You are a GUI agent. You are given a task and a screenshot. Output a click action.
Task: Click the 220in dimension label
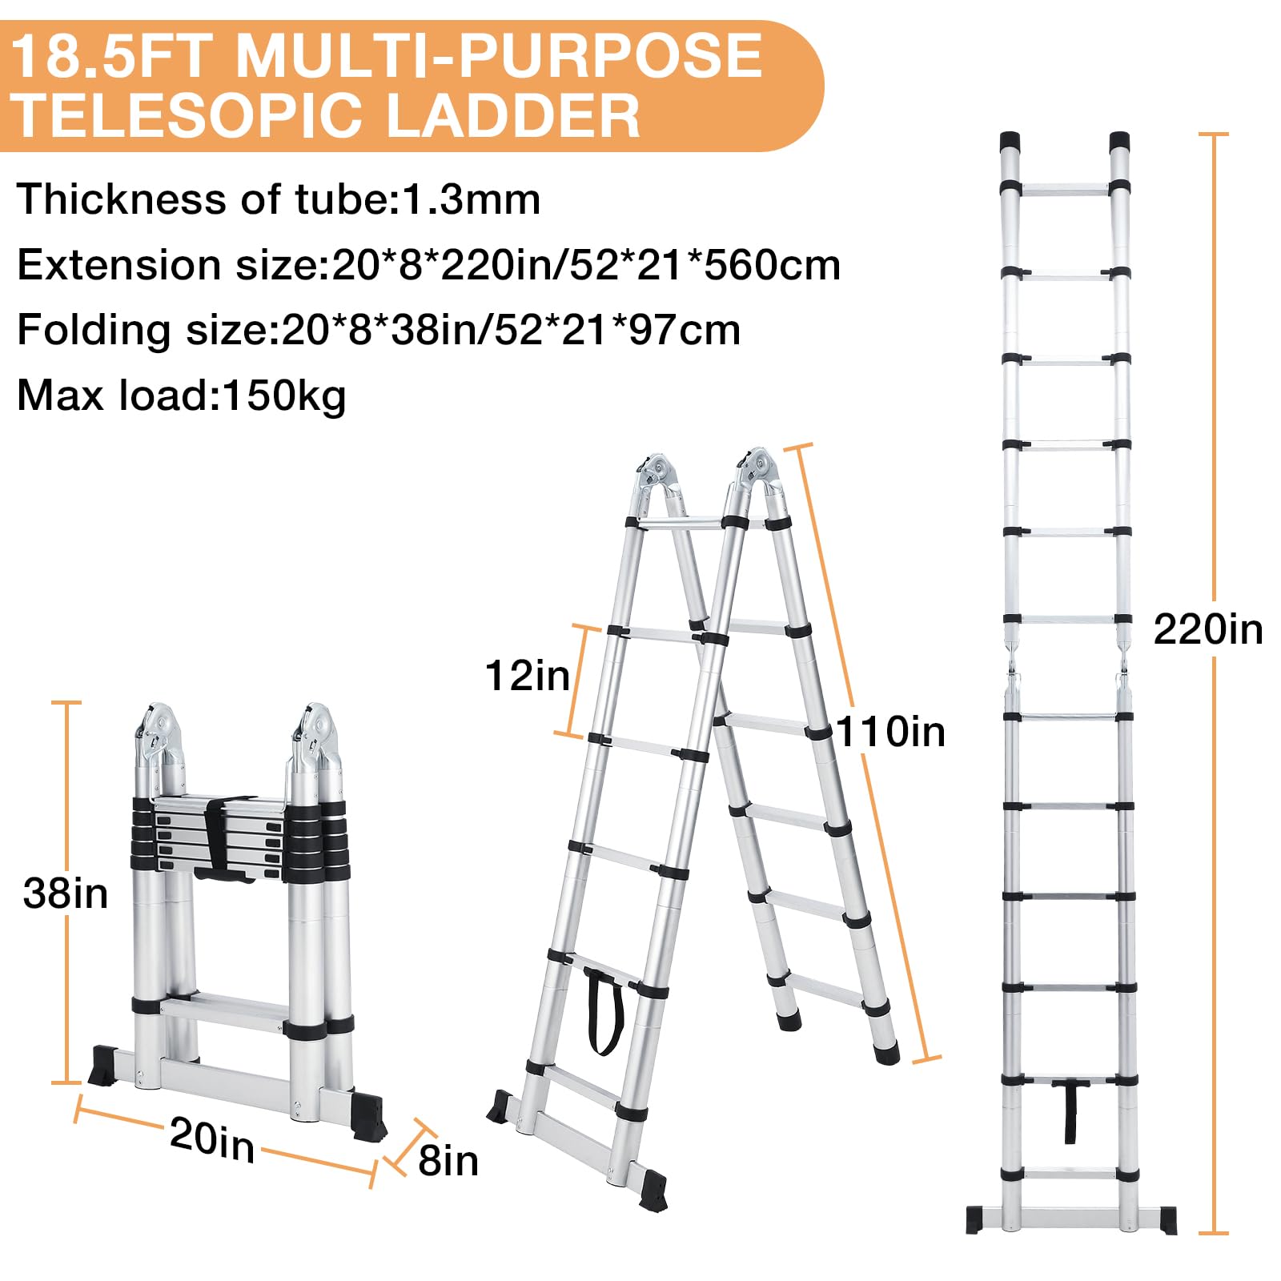[x=1207, y=629]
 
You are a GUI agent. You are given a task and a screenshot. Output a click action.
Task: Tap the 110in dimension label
[x=890, y=732]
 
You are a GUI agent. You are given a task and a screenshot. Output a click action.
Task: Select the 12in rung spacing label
[x=527, y=676]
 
